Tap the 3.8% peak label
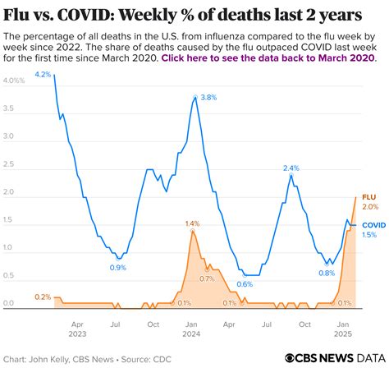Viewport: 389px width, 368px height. coord(208,97)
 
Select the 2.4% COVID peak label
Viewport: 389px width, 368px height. coord(291,168)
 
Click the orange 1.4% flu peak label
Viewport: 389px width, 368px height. coord(192,223)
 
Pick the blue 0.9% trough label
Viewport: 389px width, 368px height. coord(118,267)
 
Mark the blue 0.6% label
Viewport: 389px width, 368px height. coord(245,284)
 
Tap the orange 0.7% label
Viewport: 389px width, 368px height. coord(207,278)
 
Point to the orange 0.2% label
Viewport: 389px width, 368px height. coord(43,297)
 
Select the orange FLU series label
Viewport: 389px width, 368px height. coord(370,197)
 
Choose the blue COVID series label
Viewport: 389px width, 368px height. coord(373,224)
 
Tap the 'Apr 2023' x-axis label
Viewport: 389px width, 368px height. coord(77,329)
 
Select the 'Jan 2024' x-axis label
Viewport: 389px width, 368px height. coord(191,329)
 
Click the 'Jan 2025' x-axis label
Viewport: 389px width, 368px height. coord(343,329)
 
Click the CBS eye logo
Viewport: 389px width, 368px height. coord(289,357)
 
